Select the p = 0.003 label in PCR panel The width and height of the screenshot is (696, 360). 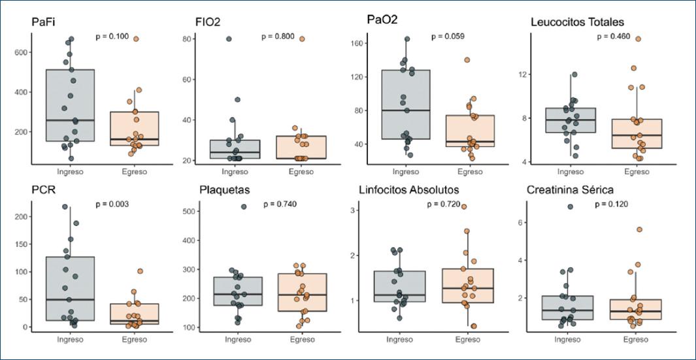point(112,205)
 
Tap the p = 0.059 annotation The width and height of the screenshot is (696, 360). point(447,37)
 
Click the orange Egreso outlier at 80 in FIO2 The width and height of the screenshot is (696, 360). point(302,39)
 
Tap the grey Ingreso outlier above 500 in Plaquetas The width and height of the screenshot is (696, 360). point(244,206)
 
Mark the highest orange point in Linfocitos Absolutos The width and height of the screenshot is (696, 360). point(464,206)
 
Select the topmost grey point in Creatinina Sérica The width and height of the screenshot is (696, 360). point(570,206)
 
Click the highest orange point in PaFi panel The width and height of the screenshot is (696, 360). point(136,39)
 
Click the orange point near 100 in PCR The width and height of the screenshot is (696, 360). point(140,271)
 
